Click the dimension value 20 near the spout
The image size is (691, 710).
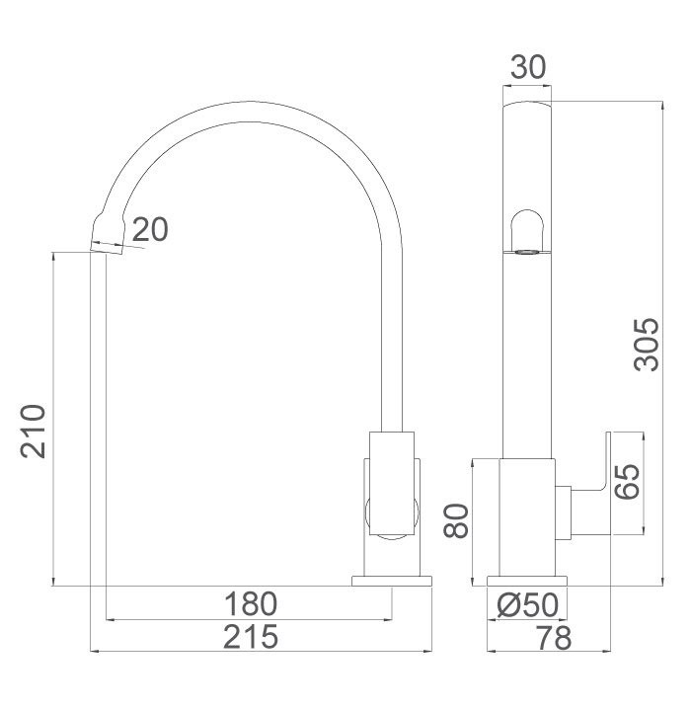pos(150,229)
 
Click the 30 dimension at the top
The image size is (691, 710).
pos(528,67)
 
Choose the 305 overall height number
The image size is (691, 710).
pos(646,344)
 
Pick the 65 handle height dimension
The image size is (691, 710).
pos(628,481)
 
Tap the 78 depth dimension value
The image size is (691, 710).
pos(552,637)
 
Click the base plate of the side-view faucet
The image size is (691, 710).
pos(392,580)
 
